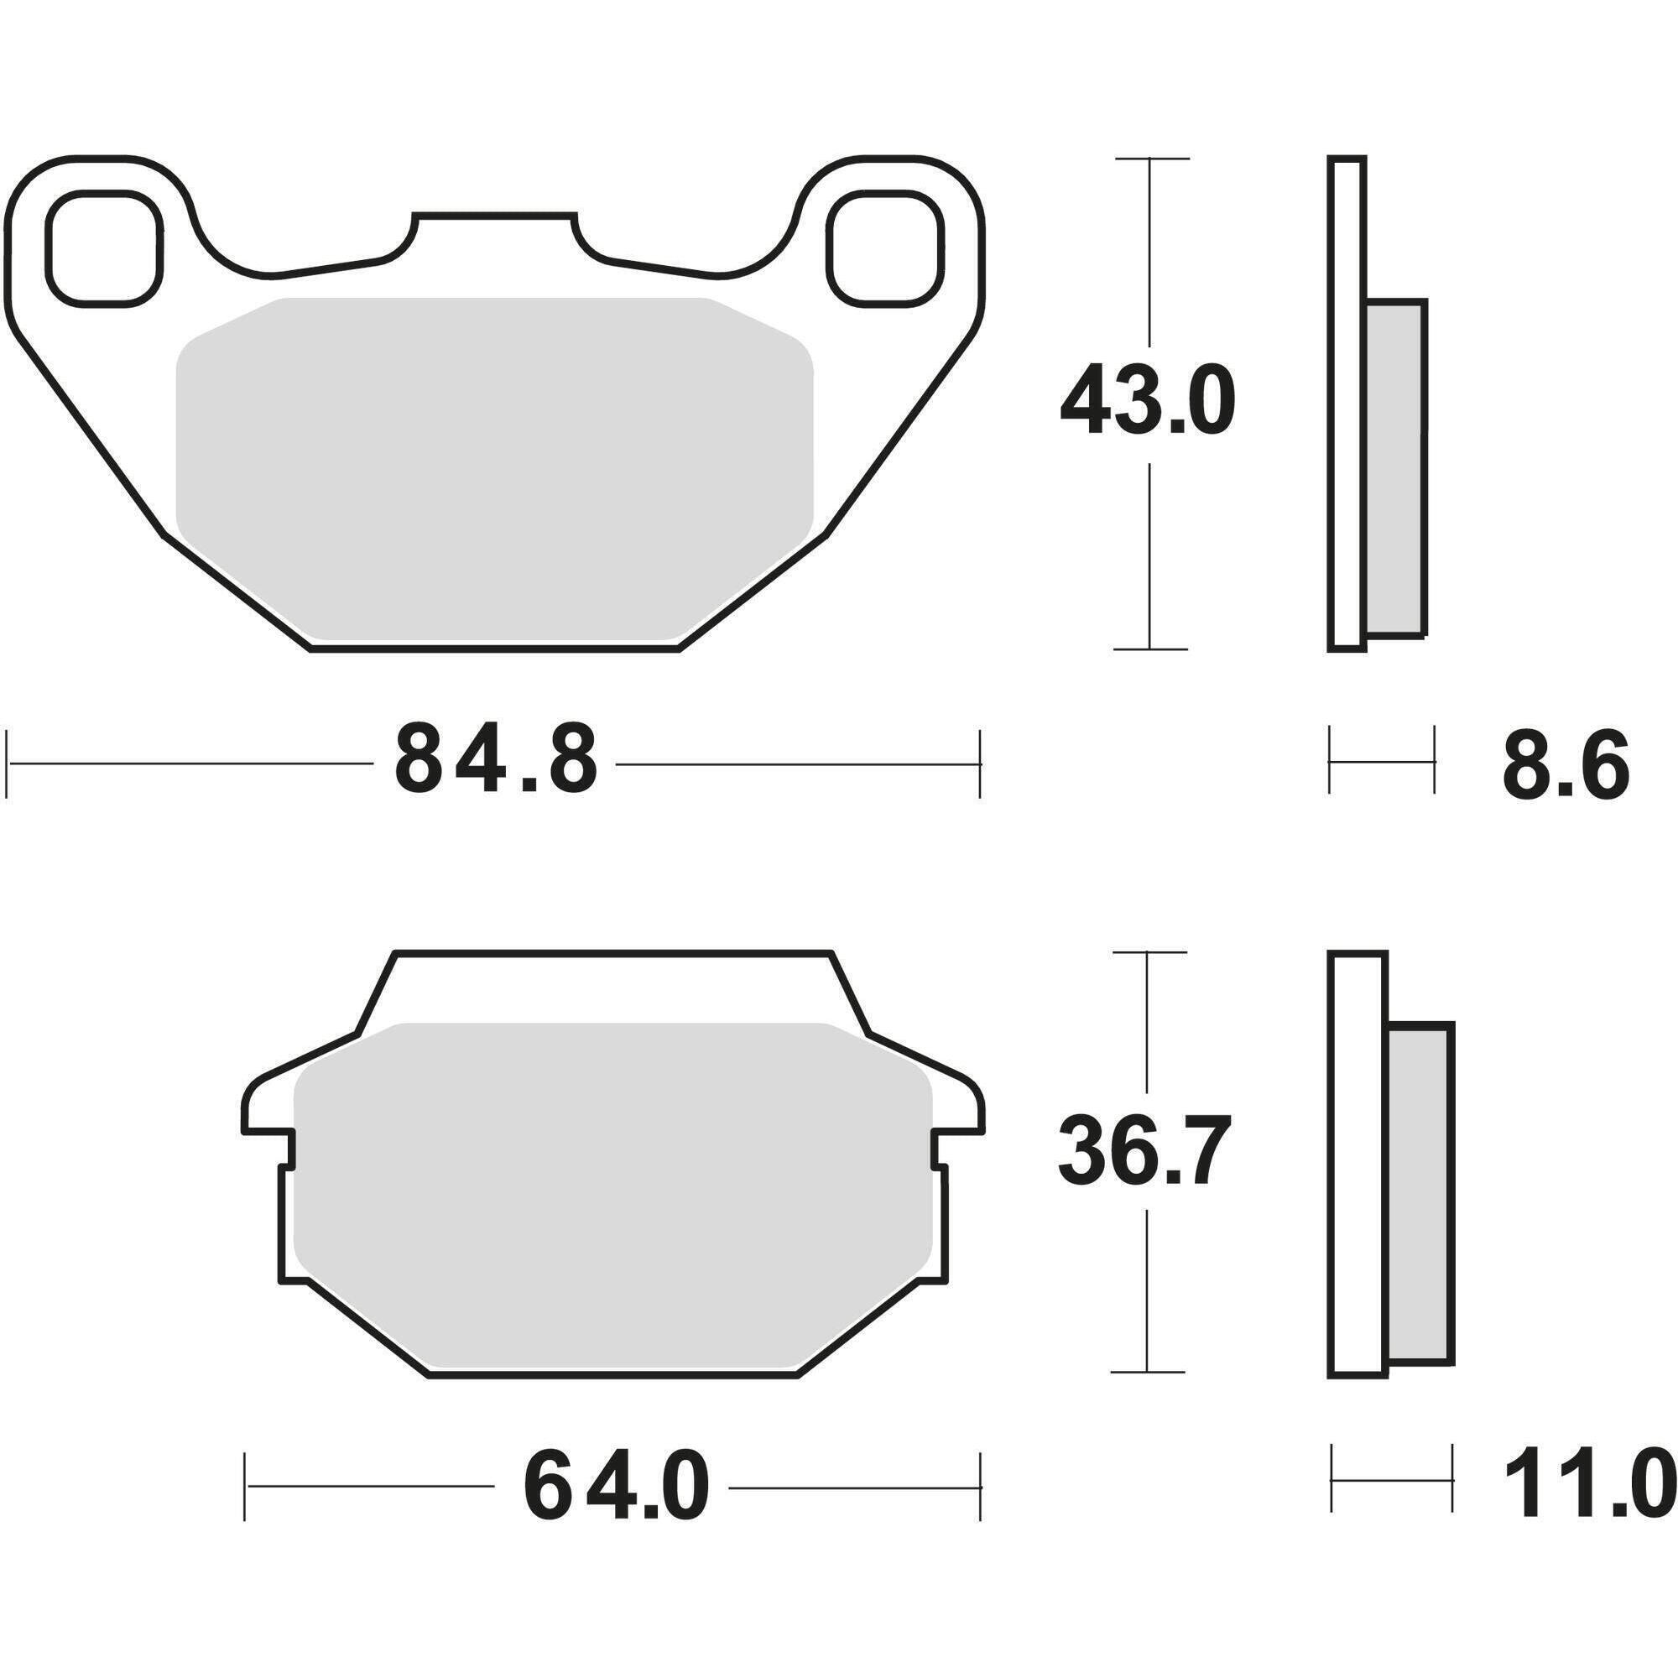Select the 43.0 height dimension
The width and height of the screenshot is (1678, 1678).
pyautogui.click(x=1146, y=401)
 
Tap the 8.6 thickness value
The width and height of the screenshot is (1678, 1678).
pyautogui.click(x=1566, y=765)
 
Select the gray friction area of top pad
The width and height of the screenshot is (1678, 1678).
pyautogui.click(x=493, y=469)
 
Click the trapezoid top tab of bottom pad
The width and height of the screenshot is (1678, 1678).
pyautogui.click(x=613, y=986)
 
